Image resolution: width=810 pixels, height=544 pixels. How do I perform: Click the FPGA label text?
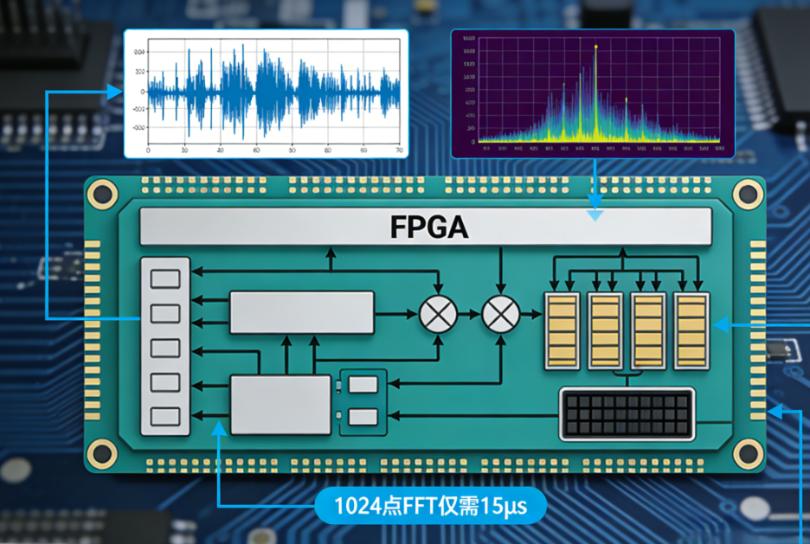[428, 227]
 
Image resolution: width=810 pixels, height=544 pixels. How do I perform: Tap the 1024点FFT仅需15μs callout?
[430, 503]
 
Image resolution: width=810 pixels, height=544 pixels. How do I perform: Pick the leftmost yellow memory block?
[561, 331]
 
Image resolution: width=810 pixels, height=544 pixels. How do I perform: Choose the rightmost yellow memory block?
[691, 331]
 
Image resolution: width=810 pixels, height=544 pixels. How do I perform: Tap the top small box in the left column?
[165, 278]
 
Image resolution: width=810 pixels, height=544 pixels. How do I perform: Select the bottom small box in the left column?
[165, 416]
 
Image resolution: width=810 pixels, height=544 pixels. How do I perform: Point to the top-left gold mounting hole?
[102, 194]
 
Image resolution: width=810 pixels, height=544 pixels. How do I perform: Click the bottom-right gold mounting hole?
[748, 451]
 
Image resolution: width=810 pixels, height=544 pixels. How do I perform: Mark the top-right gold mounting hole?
[748, 195]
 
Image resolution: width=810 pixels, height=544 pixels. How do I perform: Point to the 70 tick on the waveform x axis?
[398, 150]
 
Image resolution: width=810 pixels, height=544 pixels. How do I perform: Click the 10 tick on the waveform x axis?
[184, 150]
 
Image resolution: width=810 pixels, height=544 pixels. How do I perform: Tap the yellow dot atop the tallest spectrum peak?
[596, 46]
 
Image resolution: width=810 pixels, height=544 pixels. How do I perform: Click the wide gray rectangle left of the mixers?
[301, 312]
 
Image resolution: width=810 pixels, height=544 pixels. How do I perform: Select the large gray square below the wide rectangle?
[280, 405]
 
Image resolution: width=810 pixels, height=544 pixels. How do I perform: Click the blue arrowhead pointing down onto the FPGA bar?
[595, 215]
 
